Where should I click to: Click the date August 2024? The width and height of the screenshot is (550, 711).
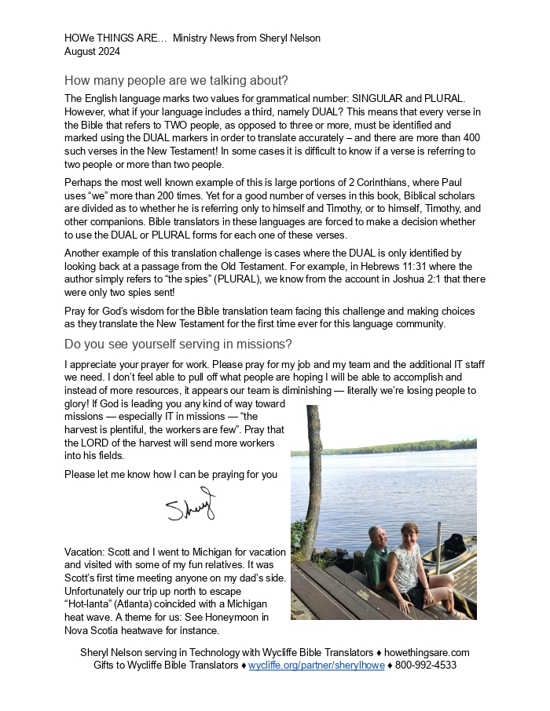pyautogui.click(x=92, y=52)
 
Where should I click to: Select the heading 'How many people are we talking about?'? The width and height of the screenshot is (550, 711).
pyautogui.click(x=176, y=81)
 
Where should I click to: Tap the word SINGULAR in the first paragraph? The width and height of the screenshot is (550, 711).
pyautogui.click(x=378, y=99)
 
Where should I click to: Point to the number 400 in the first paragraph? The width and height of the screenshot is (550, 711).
pyautogui.click(x=470, y=138)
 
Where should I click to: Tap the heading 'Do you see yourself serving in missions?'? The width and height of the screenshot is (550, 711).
pyautogui.click(x=178, y=345)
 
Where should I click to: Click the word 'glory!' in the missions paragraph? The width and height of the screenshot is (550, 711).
pyautogui.click(x=77, y=403)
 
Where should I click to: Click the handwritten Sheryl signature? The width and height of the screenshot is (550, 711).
pyautogui.click(x=190, y=507)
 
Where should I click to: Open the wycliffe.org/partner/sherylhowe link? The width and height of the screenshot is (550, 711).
pyautogui.click(x=317, y=665)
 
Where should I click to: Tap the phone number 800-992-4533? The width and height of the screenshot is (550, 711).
pyautogui.click(x=425, y=665)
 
